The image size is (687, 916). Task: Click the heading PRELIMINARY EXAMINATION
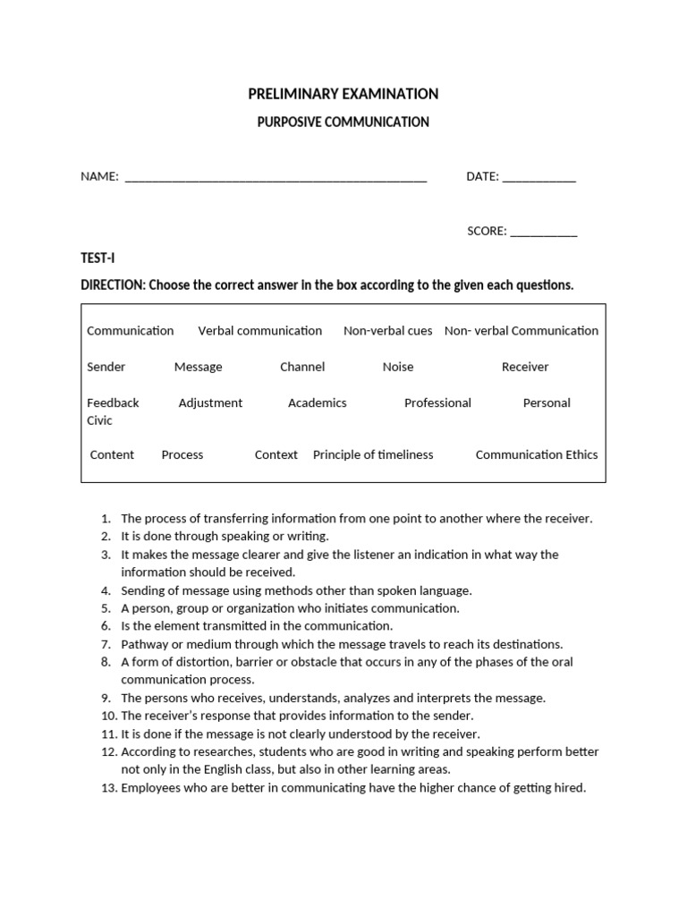(343, 94)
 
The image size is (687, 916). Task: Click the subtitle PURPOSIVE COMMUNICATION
(343, 122)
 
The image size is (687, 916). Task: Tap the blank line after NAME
(276, 178)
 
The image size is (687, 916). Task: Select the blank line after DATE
(539, 178)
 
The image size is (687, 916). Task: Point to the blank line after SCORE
(544, 233)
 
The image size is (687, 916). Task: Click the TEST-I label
(98, 259)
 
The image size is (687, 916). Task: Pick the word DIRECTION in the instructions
(113, 285)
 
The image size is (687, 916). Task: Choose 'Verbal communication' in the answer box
(259, 331)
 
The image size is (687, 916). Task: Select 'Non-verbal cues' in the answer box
(387, 331)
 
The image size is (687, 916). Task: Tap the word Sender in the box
(106, 367)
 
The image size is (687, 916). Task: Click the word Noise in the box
(398, 367)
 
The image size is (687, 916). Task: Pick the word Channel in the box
(302, 367)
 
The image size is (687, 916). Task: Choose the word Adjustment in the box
(210, 403)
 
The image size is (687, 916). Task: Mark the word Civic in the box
(99, 420)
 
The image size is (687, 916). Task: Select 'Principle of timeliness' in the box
(373, 455)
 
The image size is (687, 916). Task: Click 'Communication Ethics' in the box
(537, 455)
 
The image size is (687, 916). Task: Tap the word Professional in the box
(437, 403)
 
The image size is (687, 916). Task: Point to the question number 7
(106, 644)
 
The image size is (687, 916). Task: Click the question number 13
(108, 788)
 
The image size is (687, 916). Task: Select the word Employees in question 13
(150, 788)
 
